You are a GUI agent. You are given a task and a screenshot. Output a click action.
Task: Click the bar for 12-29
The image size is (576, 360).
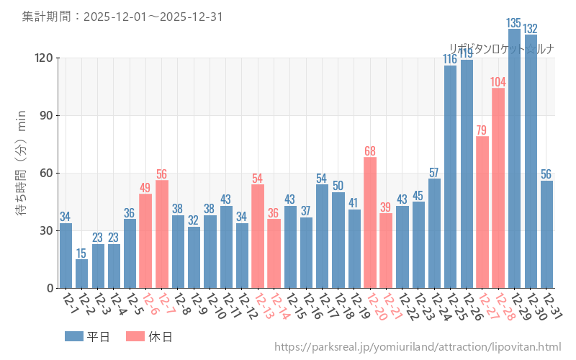[514, 158]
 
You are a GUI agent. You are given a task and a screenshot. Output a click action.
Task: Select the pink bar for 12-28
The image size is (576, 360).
[498, 188]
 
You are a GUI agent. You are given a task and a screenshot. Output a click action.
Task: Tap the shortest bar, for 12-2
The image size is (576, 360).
[82, 274]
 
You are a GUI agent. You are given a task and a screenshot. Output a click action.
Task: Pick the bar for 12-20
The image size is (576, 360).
[370, 222]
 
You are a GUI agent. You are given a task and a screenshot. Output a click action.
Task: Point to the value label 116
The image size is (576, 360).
[450, 59]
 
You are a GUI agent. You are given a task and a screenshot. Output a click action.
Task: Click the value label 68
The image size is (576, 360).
[370, 150]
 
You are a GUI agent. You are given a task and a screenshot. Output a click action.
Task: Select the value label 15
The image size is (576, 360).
[82, 253]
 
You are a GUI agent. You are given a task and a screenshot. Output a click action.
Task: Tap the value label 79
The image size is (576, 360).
[482, 130]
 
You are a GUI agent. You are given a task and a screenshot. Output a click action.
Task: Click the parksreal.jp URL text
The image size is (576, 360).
[418, 347]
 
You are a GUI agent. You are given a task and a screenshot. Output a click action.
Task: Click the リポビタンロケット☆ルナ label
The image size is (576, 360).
[501, 49]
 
